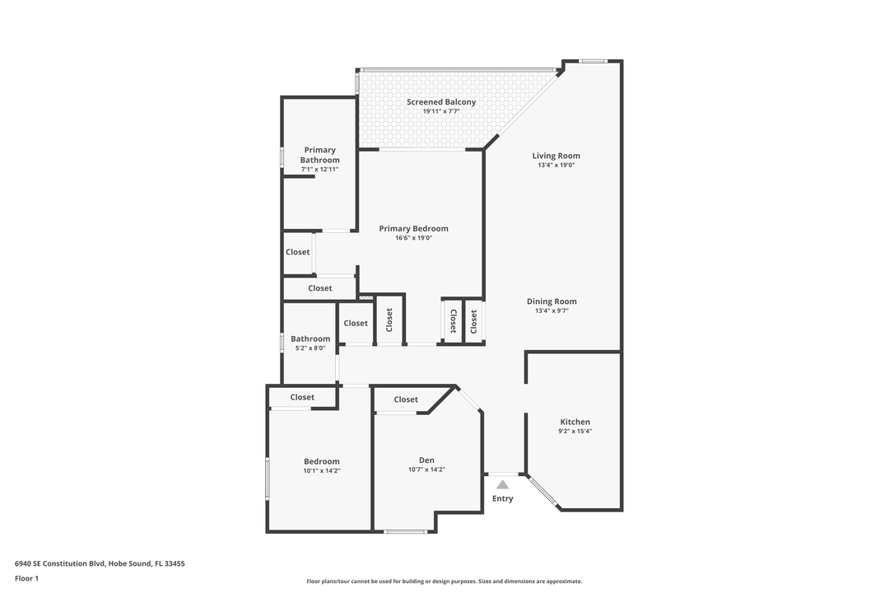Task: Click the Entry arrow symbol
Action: click(502, 485)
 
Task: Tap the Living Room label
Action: click(556, 156)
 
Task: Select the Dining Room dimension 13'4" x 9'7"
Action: click(552, 311)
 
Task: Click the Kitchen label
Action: click(575, 422)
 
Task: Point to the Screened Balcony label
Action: click(440, 102)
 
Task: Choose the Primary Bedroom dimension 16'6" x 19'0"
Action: click(413, 238)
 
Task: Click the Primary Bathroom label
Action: click(319, 155)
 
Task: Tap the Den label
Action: click(426, 460)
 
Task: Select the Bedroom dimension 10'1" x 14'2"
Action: click(321, 471)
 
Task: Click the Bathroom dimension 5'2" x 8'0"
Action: click(310, 348)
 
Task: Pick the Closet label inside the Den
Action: click(406, 399)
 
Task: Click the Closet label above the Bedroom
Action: click(302, 397)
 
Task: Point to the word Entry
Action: click(502, 498)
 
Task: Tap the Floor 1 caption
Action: click(26, 578)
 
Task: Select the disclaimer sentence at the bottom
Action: click(444, 581)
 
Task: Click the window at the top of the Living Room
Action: click(592, 61)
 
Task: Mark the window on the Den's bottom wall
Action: click(406, 531)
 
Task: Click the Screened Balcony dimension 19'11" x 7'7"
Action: click(440, 111)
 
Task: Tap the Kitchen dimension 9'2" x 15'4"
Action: click(575, 432)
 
